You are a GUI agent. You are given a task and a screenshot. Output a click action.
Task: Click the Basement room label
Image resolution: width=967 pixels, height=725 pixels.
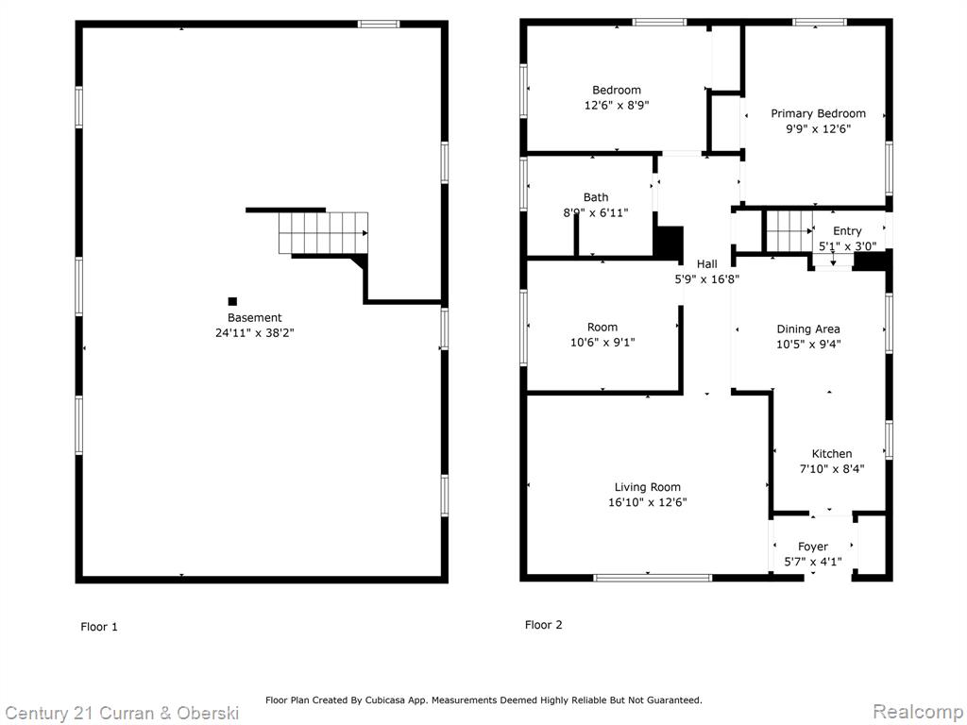pyautogui.click(x=254, y=317)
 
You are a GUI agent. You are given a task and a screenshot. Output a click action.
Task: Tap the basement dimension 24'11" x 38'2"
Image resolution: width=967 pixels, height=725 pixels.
pyautogui.click(x=255, y=333)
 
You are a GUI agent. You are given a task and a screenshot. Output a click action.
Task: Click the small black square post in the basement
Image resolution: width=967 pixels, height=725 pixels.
pyautogui.click(x=232, y=301)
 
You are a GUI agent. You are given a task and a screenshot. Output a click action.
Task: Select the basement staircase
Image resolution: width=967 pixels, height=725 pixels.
pyautogui.click(x=323, y=233)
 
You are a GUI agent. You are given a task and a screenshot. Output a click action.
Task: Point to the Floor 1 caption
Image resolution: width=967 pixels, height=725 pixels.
pyautogui.click(x=98, y=627)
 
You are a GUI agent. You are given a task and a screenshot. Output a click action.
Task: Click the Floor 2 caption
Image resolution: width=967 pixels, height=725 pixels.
pyautogui.click(x=543, y=625)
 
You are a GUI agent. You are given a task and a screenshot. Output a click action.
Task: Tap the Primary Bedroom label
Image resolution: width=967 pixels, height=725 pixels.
pyautogui.click(x=818, y=113)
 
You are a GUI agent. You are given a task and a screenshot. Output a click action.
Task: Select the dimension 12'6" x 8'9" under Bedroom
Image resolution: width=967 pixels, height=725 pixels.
pyautogui.click(x=617, y=106)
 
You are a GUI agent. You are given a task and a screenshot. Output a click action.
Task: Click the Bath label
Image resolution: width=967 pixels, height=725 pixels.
pyautogui.click(x=596, y=197)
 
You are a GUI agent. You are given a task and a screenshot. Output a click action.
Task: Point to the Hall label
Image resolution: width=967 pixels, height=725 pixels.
pyautogui.click(x=706, y=264)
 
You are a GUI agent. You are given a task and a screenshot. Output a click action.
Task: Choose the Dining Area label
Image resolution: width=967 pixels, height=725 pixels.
pyautogui.click(x=808, y=329)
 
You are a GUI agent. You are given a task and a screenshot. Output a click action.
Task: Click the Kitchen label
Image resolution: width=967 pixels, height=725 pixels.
pyautogui.click(x=832, y=454)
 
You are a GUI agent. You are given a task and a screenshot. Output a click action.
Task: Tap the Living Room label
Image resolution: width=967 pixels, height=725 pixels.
pyautogui.click(x=648, y=487)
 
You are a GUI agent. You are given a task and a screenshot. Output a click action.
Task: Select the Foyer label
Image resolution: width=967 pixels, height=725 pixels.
pyautogui.click(x=813, y=547)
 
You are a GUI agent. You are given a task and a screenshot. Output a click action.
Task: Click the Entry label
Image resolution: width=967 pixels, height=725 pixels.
pyautogui.click(x=847, y=231)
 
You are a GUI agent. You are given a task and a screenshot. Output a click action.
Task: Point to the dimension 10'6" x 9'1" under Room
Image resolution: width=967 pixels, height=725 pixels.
pyautogui.click(x=602, y=342)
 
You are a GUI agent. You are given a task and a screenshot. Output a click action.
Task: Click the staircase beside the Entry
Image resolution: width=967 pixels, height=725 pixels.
pyautogui.click(x=789, y=231)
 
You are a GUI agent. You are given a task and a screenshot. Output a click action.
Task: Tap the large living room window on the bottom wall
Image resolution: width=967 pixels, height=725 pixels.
pyautogui.click(x=653, y=578)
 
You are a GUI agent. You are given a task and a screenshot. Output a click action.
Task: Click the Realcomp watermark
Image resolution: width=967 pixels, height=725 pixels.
pyautogui.click(x=918, y=712)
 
